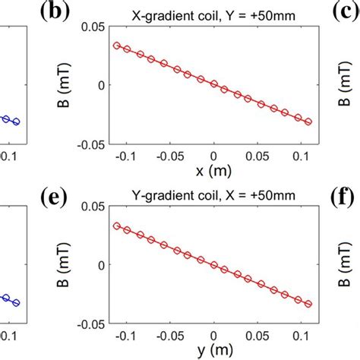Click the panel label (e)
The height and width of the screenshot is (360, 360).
tap(59, 200)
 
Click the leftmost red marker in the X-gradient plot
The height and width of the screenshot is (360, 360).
tap(116, 46)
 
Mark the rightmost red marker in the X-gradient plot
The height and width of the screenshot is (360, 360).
tap(308, 122)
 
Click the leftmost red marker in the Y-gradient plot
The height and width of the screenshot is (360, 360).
tap(116, 225)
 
